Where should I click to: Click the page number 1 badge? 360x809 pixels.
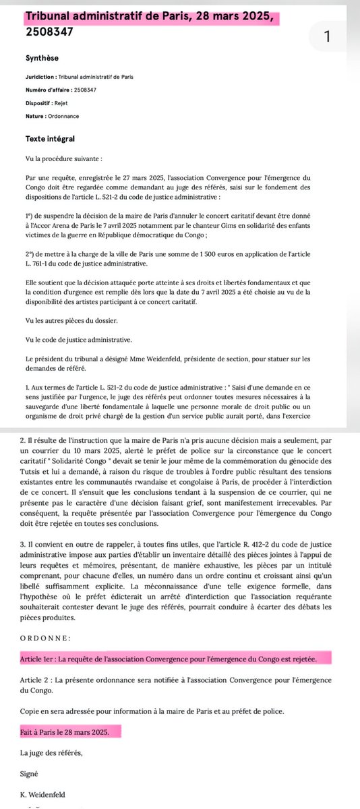pyautogui.click(x=326, y=38)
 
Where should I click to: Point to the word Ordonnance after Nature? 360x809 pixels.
pyautogui.click(x=68, y=117)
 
